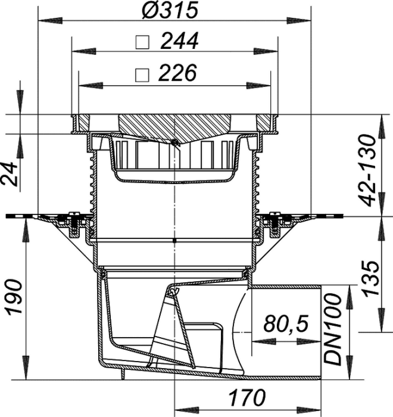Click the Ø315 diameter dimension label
point(170,11)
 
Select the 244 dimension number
point(180,41)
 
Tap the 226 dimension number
point(177,72)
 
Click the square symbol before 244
point(142,42)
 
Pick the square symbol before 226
point(142,75)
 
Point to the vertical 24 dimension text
point(10,174)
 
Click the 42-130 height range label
point(368,170)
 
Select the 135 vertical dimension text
point(371,279)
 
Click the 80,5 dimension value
point(286,323)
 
